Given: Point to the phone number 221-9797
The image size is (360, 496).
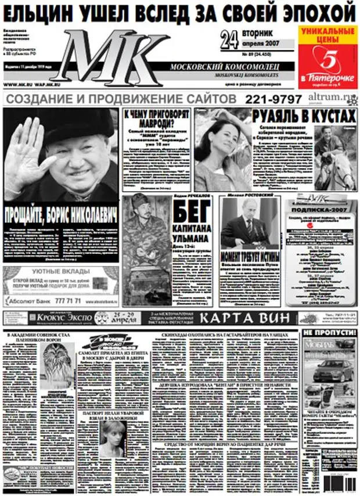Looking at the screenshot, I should [x=273, y=99].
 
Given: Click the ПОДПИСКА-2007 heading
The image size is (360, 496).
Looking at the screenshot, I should [x=319, y=212].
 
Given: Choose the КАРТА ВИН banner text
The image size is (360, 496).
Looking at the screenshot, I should [x=246, y=318].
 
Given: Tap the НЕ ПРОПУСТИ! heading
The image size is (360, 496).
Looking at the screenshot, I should [x=329, y=332].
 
